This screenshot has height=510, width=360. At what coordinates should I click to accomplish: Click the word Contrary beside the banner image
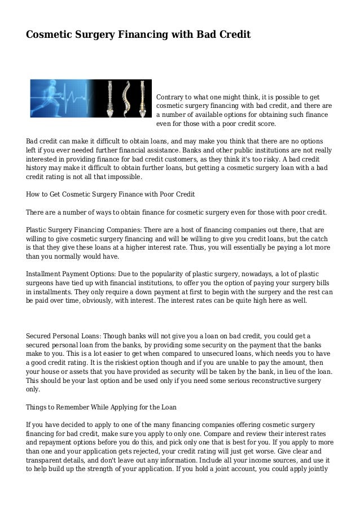pos(170,97)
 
